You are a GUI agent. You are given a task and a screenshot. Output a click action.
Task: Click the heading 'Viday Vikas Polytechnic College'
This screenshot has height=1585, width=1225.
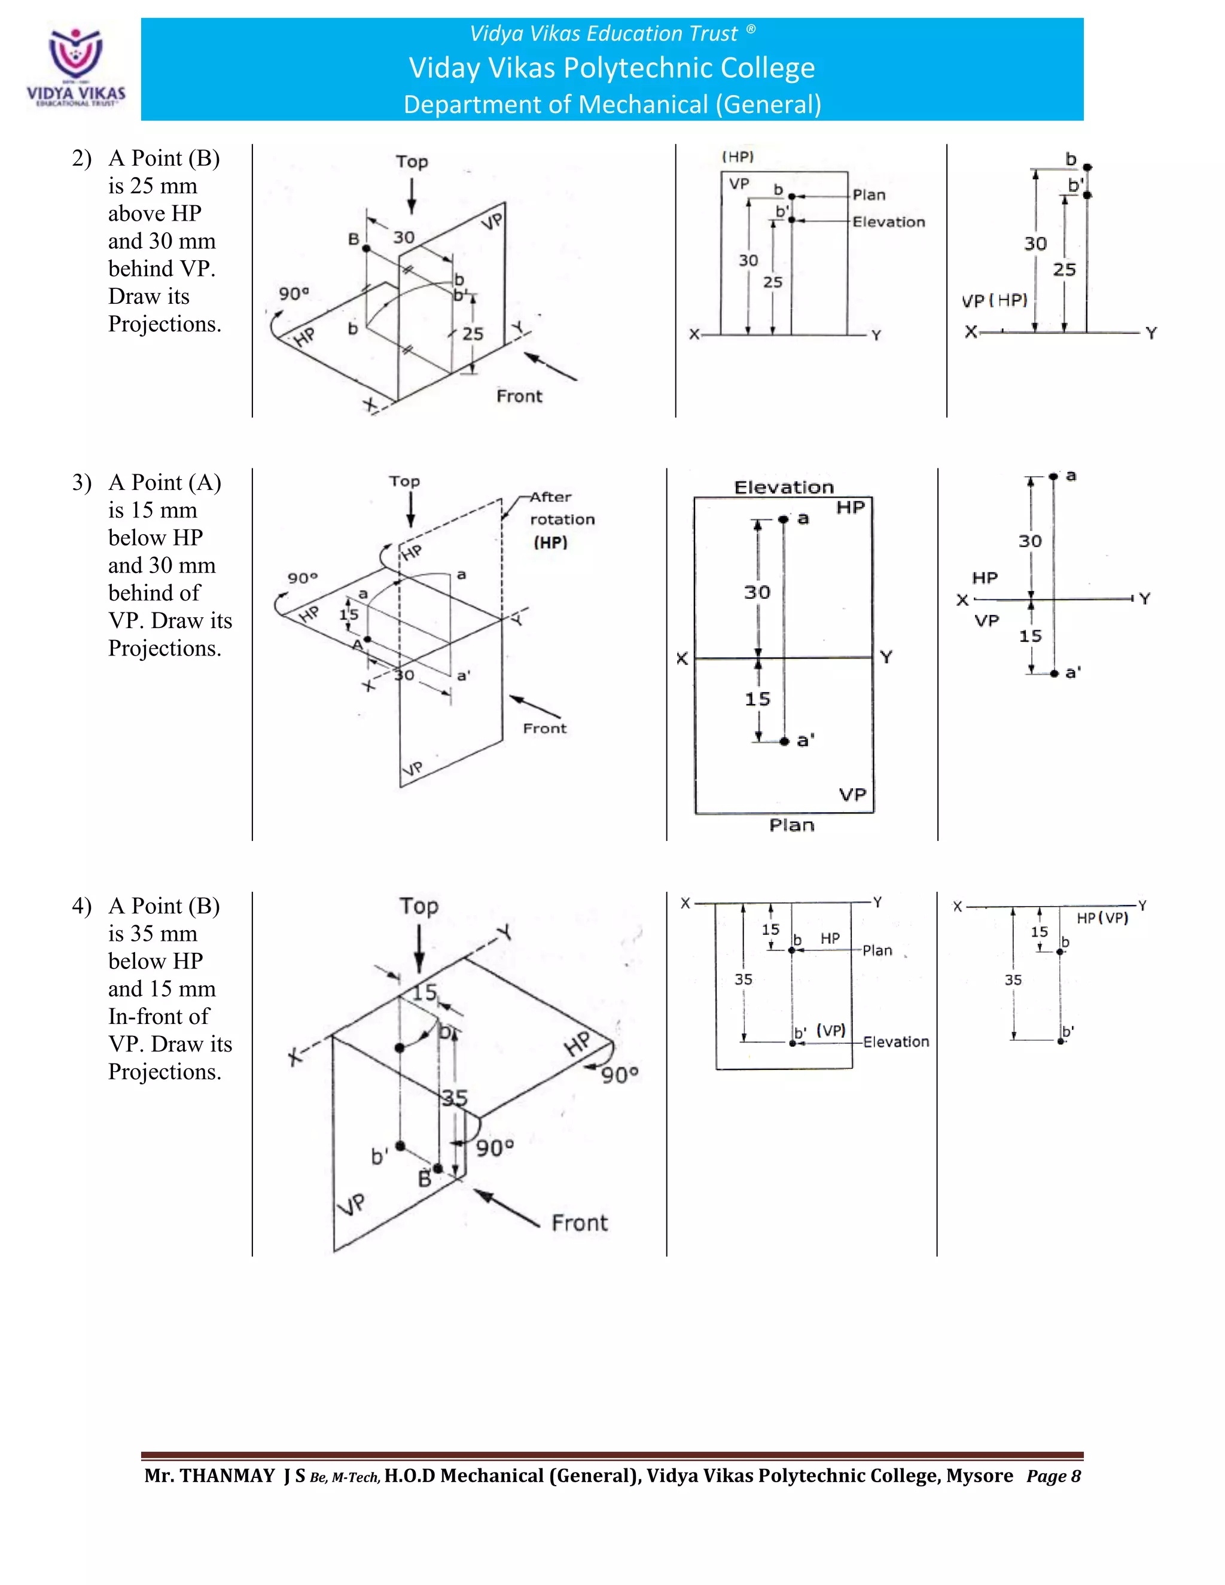point(612,68)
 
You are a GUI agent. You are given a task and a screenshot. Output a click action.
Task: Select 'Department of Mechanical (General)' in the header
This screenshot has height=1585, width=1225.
point(612,105)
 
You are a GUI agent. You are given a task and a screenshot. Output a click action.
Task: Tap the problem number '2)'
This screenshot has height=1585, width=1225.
point(81,158)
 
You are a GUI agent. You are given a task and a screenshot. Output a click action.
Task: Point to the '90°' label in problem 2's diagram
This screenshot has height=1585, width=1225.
point(293,294)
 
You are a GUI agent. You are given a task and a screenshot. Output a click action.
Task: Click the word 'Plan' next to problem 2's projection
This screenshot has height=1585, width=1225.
point(869,195)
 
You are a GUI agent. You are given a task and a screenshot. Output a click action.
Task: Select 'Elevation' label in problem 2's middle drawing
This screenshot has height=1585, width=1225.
point(888,222)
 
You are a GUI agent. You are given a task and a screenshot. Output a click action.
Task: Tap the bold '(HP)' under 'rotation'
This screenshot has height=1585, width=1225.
point(550,543)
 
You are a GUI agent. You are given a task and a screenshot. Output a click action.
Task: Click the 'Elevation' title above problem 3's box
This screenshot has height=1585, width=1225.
point(784,487)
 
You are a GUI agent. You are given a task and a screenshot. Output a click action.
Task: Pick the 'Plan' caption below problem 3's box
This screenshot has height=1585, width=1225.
point(792,825)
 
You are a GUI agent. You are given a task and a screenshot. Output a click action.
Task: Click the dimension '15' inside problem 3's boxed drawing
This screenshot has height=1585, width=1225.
point(757,699)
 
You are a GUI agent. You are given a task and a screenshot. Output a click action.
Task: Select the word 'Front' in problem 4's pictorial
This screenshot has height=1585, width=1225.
point(579,1223)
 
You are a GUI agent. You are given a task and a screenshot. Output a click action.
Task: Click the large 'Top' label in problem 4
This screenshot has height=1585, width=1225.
point(419,906)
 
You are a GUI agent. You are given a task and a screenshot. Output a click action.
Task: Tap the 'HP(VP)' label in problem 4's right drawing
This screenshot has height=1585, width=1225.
point(1102,918)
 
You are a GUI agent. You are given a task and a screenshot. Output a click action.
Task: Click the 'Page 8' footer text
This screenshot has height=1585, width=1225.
point(1053,1476)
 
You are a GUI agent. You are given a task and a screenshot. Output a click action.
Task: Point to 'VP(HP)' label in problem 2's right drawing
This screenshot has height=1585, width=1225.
point(994,300)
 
